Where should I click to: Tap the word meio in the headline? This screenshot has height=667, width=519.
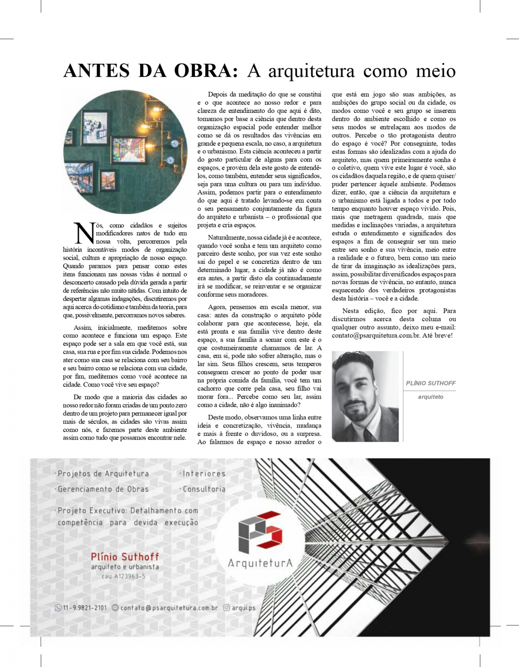[435, 71]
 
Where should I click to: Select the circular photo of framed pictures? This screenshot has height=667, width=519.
[125, 152]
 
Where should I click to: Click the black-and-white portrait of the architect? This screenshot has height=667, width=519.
[365, 396]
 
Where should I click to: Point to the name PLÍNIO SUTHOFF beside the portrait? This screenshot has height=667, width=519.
[431, 383]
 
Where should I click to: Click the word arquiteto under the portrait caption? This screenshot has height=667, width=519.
[431, 397]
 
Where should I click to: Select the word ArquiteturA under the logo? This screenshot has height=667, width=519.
[260, 563]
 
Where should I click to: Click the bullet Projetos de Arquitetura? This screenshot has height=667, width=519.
[103, 473]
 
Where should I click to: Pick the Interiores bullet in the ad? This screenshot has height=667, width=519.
[204, 473]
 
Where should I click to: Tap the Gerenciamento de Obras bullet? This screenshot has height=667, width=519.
[103, 489]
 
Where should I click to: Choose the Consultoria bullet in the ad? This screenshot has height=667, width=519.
[204, 489]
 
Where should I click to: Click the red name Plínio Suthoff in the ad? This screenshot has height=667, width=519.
[125, 557]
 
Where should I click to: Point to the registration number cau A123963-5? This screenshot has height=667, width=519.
[124, 576]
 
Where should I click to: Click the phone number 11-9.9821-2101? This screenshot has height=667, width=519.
[85, 608]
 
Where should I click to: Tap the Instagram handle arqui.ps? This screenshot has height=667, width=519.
[244, 608]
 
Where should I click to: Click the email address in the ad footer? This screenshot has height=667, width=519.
[169, 608]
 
